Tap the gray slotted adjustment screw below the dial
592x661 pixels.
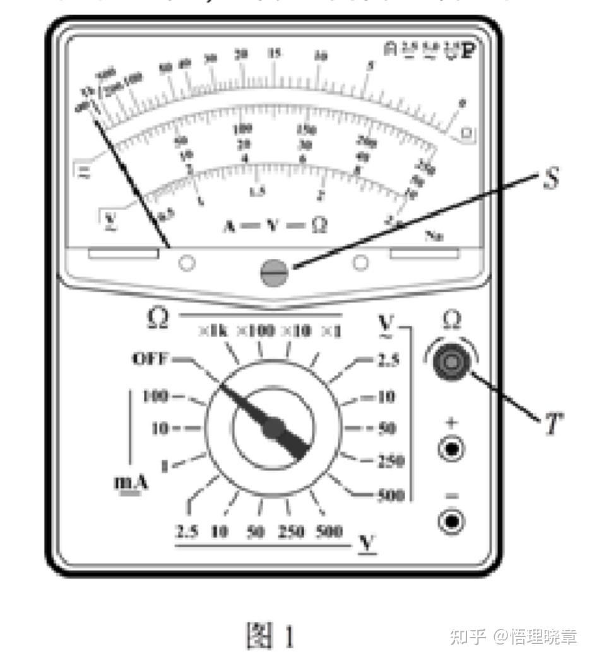click(274, 273)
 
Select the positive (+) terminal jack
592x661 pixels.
click(452, 449)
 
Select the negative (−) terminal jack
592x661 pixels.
click(452, 521)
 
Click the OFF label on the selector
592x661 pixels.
click(150, 359)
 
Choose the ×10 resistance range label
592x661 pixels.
click(295, 331)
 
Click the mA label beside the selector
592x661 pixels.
click(131, 483)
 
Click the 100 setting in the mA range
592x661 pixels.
click(154, 396)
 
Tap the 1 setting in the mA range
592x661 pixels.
click(165, 467)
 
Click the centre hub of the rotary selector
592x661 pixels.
click(272, 428)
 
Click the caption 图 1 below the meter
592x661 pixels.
click(269, 636)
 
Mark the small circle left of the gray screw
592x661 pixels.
click(186, 263)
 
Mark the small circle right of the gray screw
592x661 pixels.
click(360, 263)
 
